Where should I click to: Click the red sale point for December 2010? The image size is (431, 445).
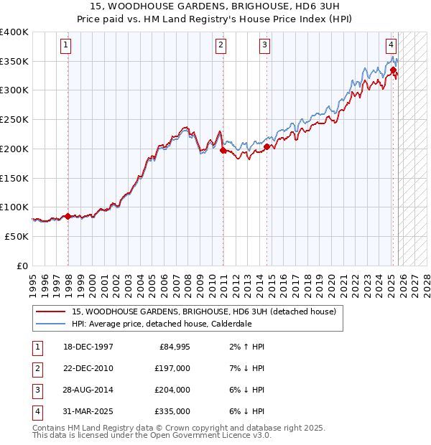click(223, 151)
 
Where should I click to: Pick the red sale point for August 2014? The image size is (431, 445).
click(267, 147)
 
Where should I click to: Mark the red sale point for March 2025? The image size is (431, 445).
click(394, 70)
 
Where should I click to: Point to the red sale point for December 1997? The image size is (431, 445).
click(68, 216)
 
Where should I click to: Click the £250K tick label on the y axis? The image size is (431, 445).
click(14, 119)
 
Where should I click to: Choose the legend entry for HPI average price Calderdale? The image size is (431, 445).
click(162, 324)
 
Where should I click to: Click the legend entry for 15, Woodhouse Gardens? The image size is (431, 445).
click(203, 311)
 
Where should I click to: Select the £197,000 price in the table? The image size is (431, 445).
click(172, 368)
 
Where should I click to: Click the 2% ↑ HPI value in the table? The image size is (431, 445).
click(244, 347)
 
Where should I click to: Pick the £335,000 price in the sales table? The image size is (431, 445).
click(172, 411)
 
